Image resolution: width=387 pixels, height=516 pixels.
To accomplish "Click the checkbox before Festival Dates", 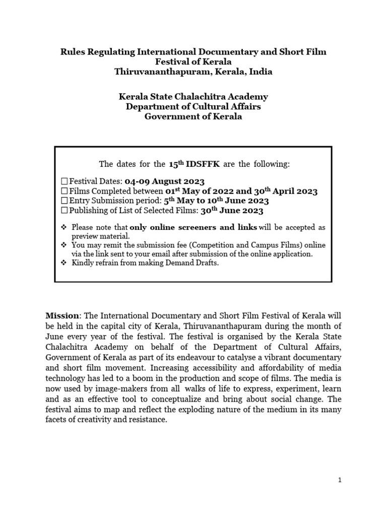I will (63, 181).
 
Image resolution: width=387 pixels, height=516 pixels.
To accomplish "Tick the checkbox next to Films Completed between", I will (63, 191).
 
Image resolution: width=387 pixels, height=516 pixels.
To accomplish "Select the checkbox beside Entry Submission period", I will (63, 201).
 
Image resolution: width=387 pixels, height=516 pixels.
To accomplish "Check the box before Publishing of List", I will (63, 211).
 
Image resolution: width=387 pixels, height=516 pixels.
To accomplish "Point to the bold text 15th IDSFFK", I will (191, 164).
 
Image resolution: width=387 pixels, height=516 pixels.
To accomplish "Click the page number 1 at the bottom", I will (340, 480).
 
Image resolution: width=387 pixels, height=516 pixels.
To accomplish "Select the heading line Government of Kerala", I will (193, 116).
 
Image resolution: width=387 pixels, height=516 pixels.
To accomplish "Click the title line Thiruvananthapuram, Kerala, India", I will (193, 72).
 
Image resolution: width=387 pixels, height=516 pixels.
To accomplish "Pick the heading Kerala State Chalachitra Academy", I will (193, 96).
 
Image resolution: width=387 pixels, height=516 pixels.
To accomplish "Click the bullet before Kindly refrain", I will (63, 263).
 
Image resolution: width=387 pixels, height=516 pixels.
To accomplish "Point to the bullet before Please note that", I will (63, 227).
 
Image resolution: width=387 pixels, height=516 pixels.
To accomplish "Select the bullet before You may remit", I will (63, 245).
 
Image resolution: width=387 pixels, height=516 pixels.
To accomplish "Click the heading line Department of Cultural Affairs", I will (193, 106).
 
